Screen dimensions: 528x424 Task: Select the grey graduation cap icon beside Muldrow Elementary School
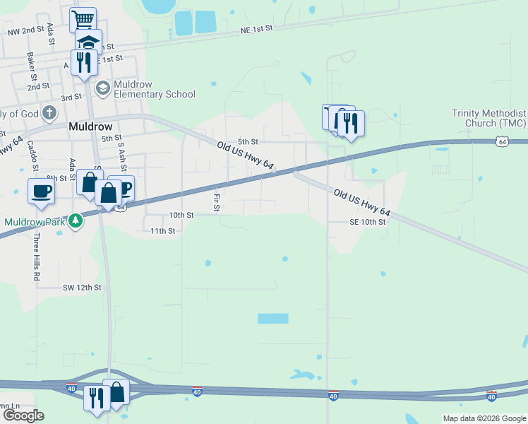pyautogui.click(x=103, y=88)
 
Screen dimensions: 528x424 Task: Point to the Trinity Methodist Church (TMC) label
pyautogui.click(x=489, y=118)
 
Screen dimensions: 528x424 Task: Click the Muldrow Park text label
pyautogui.click(x=35, y=221)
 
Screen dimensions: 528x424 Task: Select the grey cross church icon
pyautogui.click(x=49, y=112)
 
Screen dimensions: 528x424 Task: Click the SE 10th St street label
pyautogui.click(x=368, y=222)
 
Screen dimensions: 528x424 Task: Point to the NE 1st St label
pyautogui.click(x=256, y=29)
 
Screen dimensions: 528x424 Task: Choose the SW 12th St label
pyautogui.click(x=83, y=288)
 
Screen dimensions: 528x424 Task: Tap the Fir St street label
pyautogui.click(x=217, y=203)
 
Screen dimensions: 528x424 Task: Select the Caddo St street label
pyautogui.click(x=33, y=155)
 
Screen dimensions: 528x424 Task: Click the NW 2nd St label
pyautogui.click(x=26, y=32)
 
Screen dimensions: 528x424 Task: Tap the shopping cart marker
pyautogui.click(x=83, y=18)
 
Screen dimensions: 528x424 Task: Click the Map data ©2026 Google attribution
pyautogui.click(x=484, y=418)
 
